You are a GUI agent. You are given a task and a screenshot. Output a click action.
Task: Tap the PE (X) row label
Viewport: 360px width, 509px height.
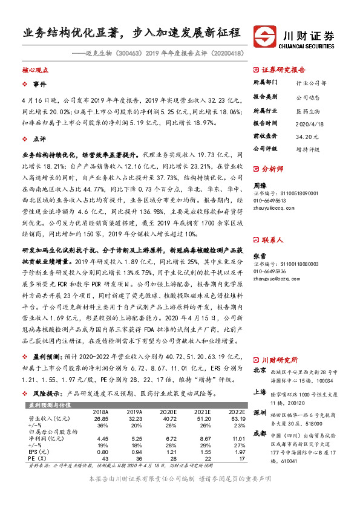tap(38, 459)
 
